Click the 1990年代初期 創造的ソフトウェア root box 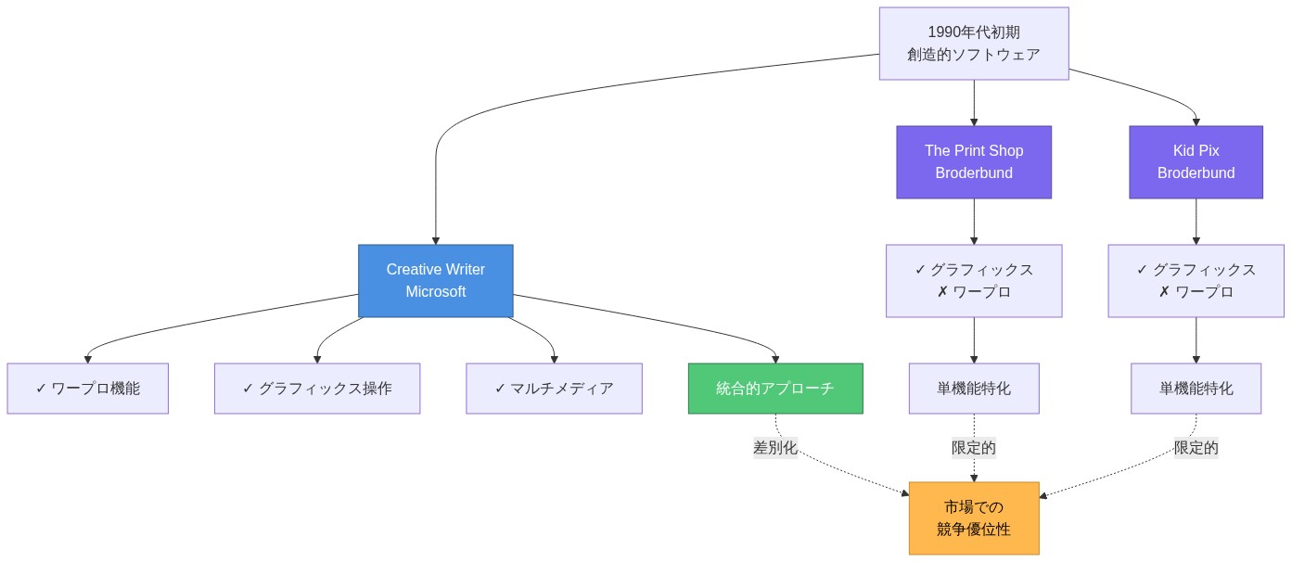[x=974, y=44]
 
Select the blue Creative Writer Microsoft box [x=435, y=281]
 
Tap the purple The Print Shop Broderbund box [x=974, y=162]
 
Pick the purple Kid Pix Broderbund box [x=1196, y=162]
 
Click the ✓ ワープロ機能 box [x=87, y=389]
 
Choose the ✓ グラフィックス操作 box [x=317, y=389]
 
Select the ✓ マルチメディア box [x=554, y=389]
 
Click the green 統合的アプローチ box [x=775, y=389]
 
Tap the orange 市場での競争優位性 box [x=974, y=518]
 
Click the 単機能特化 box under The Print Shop [x=974, y=389]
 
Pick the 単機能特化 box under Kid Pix [x=1196, y=389]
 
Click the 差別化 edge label [x=775, y=447]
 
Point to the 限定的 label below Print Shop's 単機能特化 [x=974, y=448]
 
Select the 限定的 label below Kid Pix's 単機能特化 [x=1196, y=448]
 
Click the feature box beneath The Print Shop [x=974, y=281]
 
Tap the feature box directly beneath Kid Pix [x=1196, y=281]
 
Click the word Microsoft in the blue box [x=435, y=292]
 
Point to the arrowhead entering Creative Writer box [x=435, y=239]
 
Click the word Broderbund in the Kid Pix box [x=1196, y=173]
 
